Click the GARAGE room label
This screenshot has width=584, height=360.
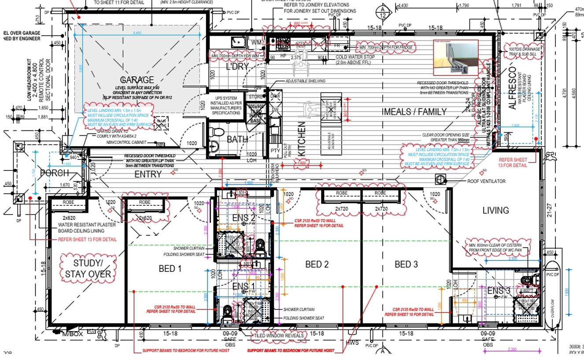pyautogui.click(x=137, y=80)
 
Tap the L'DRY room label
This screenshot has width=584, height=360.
pyautogui.click(x=237, y=67)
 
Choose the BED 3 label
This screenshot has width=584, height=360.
pyautogui.click(x=406, y=264)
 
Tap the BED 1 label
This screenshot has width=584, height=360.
pyautogui.click(x=170, y=268)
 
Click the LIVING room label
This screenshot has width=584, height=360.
pyautogui.click(x=495, y=210)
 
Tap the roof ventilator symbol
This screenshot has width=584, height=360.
pyautogui.click(x=440, y=180)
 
